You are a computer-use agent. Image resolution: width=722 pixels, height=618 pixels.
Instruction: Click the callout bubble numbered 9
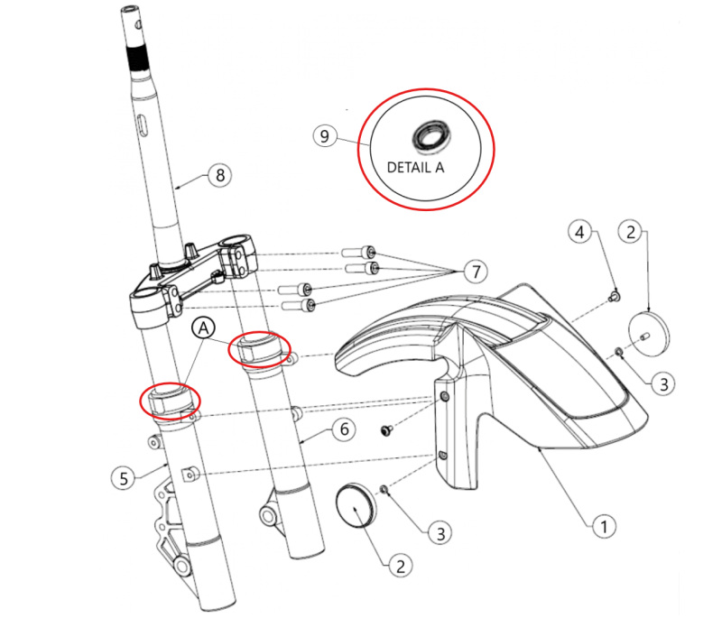point(325,136)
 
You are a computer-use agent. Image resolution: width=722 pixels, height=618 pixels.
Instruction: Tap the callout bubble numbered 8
point(220,175)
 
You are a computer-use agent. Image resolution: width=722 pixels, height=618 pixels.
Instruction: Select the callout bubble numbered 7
point(476,272)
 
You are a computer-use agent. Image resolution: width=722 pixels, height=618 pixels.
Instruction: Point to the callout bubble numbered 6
point(344,429)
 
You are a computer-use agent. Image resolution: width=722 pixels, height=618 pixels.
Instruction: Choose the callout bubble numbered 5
point(124,478)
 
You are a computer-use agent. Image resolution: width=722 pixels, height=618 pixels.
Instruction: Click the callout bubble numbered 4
point(579,232)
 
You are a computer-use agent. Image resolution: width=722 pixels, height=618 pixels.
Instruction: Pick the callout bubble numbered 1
point(604,525)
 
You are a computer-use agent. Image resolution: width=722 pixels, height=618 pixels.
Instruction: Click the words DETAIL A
point(415,168)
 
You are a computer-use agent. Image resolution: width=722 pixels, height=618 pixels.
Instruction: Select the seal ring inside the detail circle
point(431,136)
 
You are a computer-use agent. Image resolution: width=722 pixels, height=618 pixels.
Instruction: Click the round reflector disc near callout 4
point(649,333)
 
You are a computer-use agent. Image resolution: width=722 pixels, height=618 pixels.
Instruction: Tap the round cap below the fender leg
point(356,505)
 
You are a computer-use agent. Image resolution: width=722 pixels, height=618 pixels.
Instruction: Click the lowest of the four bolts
point(298,305)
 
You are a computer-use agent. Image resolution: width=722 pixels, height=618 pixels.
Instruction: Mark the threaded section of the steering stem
point(139,58)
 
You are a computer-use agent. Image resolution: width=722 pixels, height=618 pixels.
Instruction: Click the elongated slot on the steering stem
point(143,126)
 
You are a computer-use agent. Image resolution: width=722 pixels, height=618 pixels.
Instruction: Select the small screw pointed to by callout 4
point(615,296)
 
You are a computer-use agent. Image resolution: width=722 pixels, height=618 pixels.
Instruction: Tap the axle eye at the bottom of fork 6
point(267,516)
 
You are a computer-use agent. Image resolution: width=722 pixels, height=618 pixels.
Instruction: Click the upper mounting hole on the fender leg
point(445,397)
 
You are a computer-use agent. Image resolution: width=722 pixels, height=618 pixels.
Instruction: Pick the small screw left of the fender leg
point(386,430)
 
